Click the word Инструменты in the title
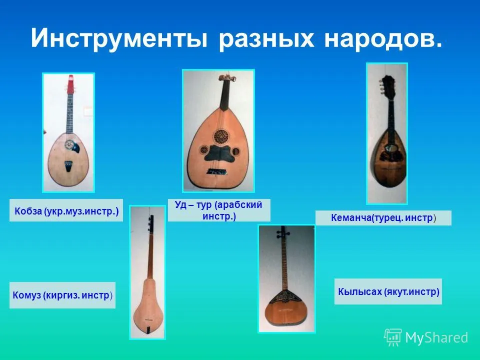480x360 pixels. [x=119, y=39]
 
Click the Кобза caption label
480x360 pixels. [x=66, y=210]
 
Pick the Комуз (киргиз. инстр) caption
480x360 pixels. [x=62, y=295]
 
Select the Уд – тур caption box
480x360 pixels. [x=219, y=210]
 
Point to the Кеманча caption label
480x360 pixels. [x=383, y=218]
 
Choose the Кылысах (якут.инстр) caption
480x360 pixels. [x=388, y=291]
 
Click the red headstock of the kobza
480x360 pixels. [x=70, y=84]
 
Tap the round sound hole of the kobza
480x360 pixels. [x=70, y=144]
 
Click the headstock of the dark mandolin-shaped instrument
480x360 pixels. [x=386, y=84]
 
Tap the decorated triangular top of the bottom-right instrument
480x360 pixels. [x=284, y=296]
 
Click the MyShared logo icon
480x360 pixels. [x=393, y=337]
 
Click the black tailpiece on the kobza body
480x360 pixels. [x=68, y=167]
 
